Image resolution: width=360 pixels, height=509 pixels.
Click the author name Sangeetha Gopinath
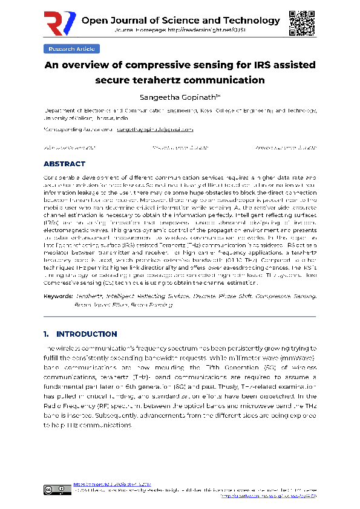coord(179,97)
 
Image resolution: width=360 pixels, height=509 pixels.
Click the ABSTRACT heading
coord(65,164)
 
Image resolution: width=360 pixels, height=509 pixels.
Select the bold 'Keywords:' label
coord(59,296)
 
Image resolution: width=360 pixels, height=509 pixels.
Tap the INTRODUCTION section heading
coord(87,334)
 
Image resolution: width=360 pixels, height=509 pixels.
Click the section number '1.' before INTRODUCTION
coord(47,334)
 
